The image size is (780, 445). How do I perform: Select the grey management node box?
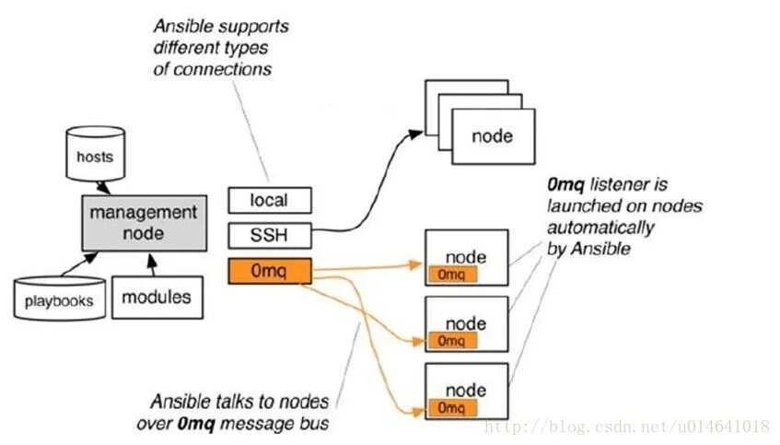pos(142,222)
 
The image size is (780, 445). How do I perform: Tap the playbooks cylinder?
pos(58,299)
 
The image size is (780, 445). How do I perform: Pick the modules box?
pos(157,297)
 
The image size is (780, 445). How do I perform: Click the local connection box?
pos(269,200)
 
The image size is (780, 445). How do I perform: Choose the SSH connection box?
pos(269,236)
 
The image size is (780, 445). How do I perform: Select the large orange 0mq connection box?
pos(269,272)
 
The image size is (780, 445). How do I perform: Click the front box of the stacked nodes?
pos(492,137)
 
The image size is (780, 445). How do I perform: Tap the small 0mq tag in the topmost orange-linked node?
pos(451,275)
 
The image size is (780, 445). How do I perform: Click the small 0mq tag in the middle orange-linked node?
pos(451,341)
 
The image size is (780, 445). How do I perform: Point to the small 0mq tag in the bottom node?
pos(451,407)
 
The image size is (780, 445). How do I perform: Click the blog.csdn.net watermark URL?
pos(626,427)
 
